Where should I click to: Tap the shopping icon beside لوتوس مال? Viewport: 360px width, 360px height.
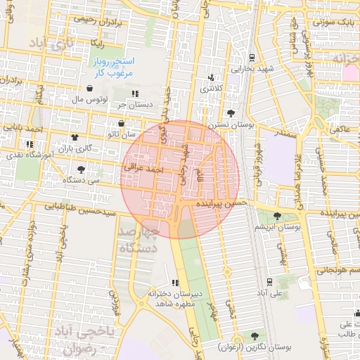[89, 89]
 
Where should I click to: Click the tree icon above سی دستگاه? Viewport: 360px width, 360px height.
[81, 169]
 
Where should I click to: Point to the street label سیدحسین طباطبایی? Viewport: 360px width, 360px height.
[80, 207]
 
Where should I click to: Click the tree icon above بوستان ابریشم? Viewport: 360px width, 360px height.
[277, 215]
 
